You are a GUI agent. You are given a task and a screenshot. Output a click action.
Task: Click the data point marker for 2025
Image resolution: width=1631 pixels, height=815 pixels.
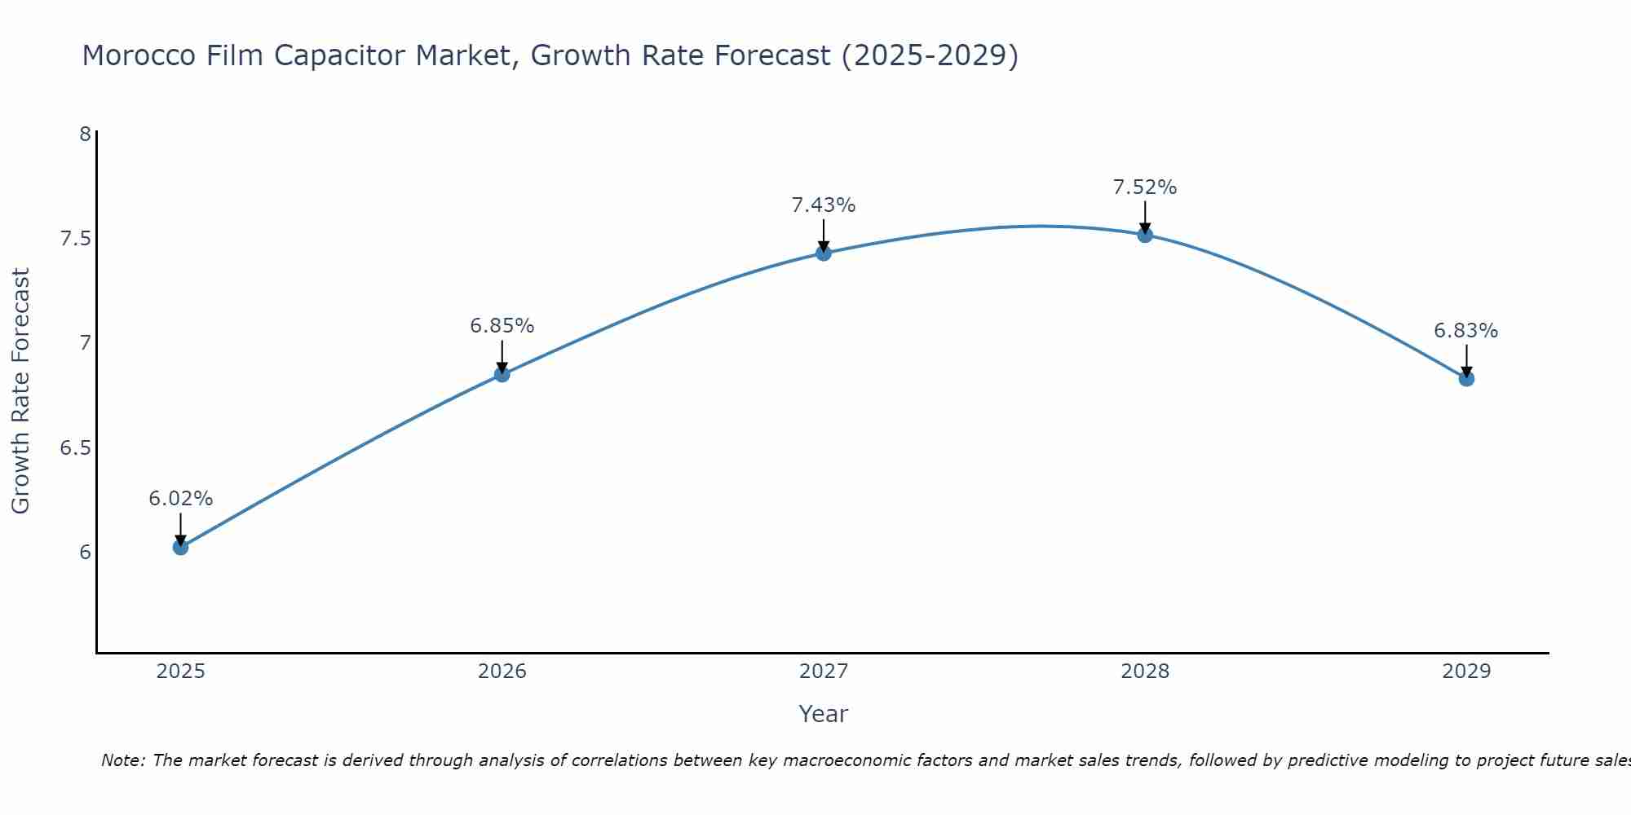pyautogui.click(x=181, y=547)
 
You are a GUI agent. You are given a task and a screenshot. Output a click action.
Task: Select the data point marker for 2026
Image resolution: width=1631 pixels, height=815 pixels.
pyautogui.click(x=502, y=374)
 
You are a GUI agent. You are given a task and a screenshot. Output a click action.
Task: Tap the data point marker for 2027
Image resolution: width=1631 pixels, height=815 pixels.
pyautogui.click(x=824, y=253)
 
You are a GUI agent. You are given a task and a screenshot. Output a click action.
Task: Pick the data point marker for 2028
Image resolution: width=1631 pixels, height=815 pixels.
pyautogui.click(x=1145, y=235)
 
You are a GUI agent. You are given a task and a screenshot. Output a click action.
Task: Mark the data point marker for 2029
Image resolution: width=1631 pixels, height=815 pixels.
pyautogui.click(x=1466, y=378)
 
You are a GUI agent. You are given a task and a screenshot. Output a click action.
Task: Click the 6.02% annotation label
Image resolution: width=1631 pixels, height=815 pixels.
pyautogui.click(x=181, y=499)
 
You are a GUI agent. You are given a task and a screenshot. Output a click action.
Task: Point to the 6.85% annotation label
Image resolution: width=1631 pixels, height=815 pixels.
pyautogui.click(x=502, y=326)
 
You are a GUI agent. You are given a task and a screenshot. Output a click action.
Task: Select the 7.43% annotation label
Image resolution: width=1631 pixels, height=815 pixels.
pyautogui.click(x=824, y=205)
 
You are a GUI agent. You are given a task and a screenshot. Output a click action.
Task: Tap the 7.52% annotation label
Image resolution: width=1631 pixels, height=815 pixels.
pyautogui.click(x=1145, y=187)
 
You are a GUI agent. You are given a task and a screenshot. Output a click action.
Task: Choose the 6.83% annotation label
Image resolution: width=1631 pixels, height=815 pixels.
pyautogui.click(x=1466, y=331)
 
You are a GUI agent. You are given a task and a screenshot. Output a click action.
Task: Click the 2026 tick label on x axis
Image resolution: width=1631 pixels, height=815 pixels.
pyautogui.click(x=502, y=672)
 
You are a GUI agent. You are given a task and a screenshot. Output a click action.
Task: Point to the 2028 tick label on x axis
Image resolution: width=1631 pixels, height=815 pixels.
pyautogui.click(x=1145, y=672)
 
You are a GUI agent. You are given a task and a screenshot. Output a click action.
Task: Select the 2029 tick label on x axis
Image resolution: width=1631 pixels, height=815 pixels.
pyautogui.click(x=1466, y=672)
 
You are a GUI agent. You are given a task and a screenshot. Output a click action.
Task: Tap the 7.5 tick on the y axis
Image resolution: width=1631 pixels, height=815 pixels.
pyautogui.click(x=75, y=239)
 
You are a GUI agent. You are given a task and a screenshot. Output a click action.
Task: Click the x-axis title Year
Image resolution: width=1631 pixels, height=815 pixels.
pyautogui.click(x=824, y=714)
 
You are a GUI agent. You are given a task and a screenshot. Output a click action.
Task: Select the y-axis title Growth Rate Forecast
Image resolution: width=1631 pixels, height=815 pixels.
pyautogui.click(x=21, y=390)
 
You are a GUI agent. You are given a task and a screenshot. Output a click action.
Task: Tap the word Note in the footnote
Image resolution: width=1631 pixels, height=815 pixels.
pyautogui.click(x=122, y=760)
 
